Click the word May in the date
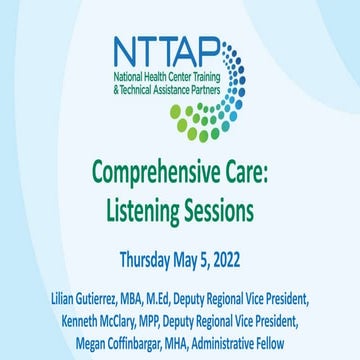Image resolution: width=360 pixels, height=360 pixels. (x=188, y=254)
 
